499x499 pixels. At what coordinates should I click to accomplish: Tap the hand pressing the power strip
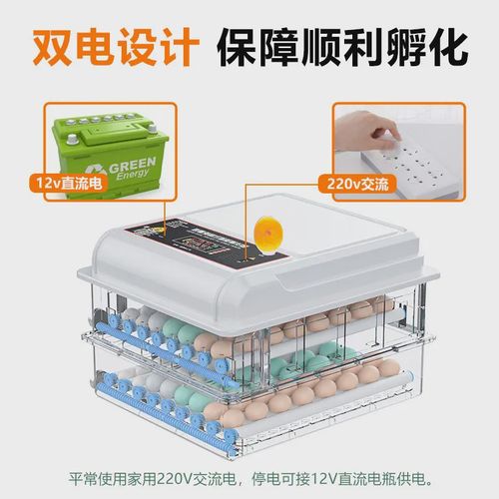pyautogui.click(x=384, y=128)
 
